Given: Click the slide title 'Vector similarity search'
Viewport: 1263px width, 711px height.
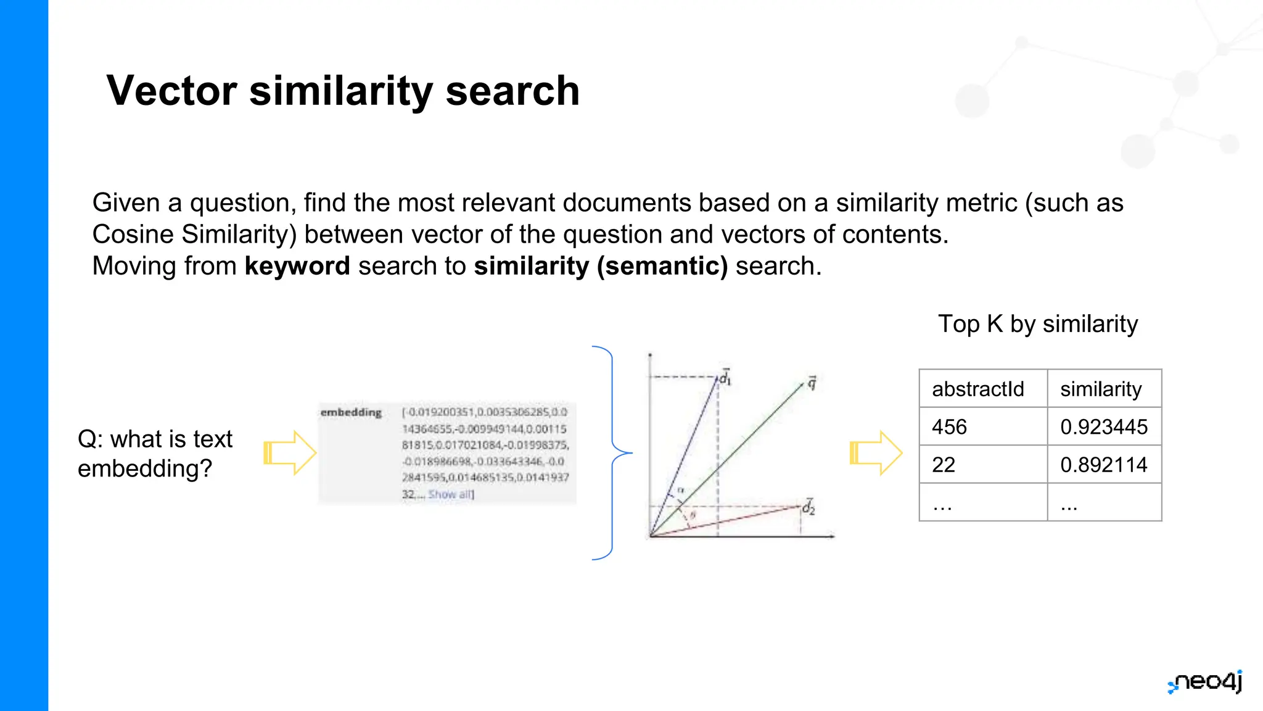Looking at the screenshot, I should pos(343,91).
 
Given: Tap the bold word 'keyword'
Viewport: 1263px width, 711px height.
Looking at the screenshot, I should pos(297,266).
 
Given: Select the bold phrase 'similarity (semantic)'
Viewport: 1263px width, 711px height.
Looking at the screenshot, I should pos(601,266).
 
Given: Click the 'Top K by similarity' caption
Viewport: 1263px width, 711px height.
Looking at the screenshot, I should pos(1038,324).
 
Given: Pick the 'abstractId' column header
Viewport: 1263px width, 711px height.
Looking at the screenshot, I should pos(978,389).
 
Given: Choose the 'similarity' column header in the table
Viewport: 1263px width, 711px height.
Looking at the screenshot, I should pos(1101,389).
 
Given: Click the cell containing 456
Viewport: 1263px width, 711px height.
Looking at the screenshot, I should pos(950,427).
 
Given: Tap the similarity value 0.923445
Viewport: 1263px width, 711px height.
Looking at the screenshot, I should pos(1104,427).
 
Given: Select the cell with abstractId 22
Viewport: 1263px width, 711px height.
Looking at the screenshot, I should pos(944,465).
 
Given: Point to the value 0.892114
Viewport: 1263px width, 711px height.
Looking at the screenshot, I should pos(1104,465).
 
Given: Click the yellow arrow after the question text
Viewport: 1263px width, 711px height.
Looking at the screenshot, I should pos(290,453).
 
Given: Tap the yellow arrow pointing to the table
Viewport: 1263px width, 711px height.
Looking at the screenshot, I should pos(876,453).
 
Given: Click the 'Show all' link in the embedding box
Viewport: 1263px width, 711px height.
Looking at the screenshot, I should pos(451,494).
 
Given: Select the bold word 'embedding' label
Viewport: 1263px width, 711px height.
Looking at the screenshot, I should pos(351,412).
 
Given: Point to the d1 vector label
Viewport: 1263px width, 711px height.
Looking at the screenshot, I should pos(725,377).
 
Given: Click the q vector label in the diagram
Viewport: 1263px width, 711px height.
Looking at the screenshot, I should pos(812,383).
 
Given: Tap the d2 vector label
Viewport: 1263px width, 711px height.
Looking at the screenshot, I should pos(808,507).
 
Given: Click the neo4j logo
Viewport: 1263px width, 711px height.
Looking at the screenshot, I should pos(1206,683).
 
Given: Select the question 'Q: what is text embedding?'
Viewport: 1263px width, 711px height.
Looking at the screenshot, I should pos(155,454).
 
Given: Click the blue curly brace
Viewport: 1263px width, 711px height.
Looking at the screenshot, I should pos(612,453).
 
